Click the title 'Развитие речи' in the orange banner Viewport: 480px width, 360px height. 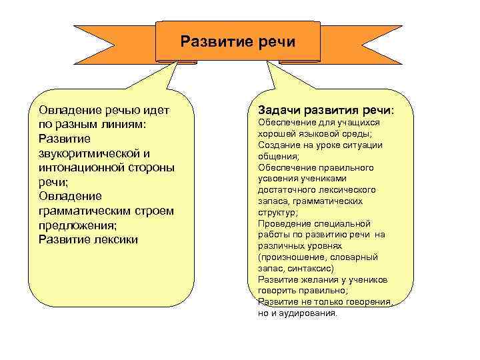click(x=238, y=42)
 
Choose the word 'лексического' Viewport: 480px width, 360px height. click(x=347, y=190)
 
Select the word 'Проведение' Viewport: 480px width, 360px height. click(x=281, y=224)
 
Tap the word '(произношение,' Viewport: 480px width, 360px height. click(x=290, y=257)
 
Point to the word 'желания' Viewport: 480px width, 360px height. click(x=313, y=280)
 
